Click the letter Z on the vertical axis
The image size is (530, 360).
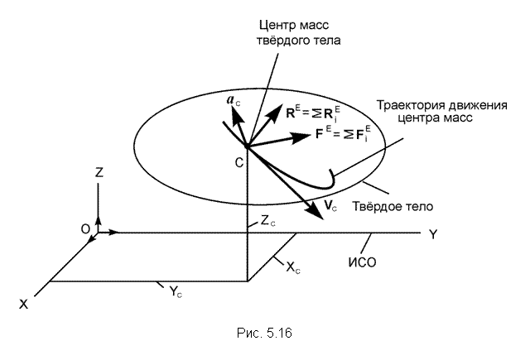click(x=99, y=172)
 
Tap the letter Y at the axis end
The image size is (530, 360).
click(x=433, y=234)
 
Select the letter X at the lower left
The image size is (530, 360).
click(x=23, y=305)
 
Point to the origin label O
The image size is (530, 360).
click(x=85, y=229)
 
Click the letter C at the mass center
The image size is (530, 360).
click(x=239, y=163)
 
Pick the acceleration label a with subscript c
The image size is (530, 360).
click(x=234, y=100)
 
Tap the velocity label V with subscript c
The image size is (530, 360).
click(x=330, y=205)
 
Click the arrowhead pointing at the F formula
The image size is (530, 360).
click(x=301, y=137)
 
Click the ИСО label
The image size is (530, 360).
click(x=363, y=262)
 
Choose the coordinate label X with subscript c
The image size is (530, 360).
click(x=293, y=268)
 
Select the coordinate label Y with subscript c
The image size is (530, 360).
click(x=176, y=291)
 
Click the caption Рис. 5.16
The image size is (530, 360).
click(x=264, y=333)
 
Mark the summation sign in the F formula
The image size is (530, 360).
click(x=349, y=134)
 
